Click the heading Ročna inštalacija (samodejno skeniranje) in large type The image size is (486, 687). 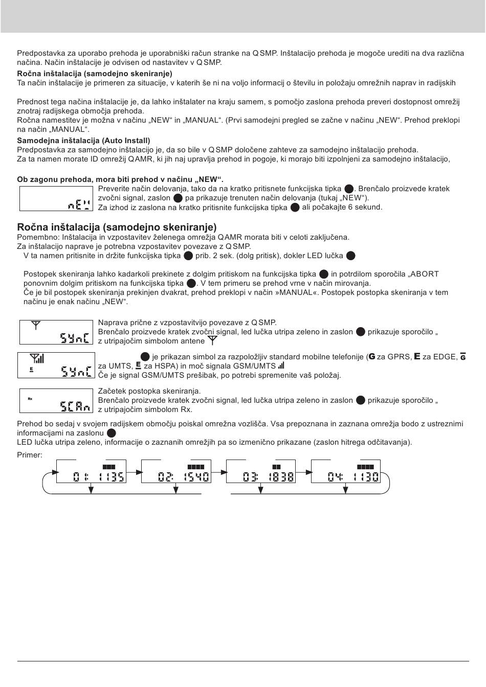tap(117, 227)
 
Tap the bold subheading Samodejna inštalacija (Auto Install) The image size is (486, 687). tap(83, 140)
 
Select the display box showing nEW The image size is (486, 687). tap(56, 198)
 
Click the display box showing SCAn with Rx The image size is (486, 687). tap(57, 400)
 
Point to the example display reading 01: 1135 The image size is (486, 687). tap(91, 472)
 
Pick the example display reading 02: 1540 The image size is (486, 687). tap(176, 472)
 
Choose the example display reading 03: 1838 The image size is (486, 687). tap(261, 472)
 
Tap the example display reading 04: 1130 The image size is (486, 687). tap(346, 472)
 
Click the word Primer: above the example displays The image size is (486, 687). tap(30, 454)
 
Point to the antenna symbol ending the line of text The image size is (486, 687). tap(213, 340)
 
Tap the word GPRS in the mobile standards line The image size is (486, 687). tap(399, 356)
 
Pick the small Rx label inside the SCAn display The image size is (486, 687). tap(30, 398)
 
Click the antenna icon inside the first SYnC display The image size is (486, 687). tap(35, 325)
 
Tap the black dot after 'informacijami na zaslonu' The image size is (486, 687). tap(112, 433)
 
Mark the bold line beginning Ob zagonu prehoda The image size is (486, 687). tap(120, 179)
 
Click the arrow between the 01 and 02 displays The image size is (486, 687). tap(134, 472)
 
